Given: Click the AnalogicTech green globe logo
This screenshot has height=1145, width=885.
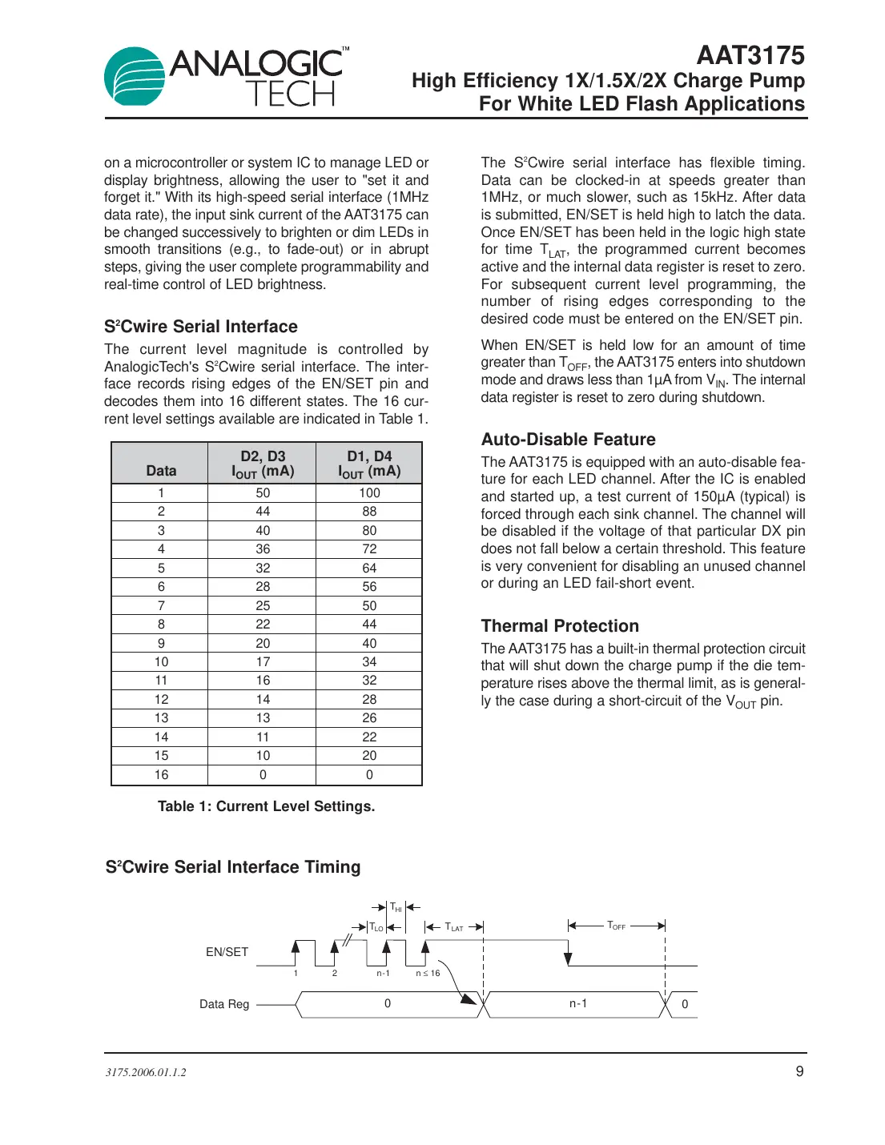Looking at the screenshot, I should [x=135, y=77].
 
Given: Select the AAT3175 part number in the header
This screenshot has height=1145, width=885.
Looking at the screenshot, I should [x=750, y=55].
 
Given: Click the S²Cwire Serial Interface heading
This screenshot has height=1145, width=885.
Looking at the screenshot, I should [x=200, y=327].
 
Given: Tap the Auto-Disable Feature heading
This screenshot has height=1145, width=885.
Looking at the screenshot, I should [x=568, y=440].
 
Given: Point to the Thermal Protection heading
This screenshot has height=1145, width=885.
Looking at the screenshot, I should [x=560, y=626].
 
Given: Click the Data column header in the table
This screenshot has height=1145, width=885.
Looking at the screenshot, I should [x=161, y=471].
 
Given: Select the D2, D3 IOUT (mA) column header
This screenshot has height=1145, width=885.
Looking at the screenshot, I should [x=263, y=464].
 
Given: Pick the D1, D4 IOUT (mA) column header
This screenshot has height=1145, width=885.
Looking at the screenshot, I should [x=369, y=464].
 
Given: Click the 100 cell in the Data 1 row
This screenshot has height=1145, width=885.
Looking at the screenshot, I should [x=369, y=493].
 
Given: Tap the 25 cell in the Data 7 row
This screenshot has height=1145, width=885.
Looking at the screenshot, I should [x=263, y=606].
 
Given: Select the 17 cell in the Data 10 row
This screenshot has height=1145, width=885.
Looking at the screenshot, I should [x=263, y=662].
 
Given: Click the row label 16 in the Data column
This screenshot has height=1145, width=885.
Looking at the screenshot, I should [x=161, y=775].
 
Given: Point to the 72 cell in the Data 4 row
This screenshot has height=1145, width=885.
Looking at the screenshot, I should [x=369, y=549].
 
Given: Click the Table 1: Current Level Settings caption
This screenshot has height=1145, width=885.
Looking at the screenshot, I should [x=266, y=806].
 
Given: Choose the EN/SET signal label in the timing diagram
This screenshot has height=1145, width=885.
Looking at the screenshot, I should [x=227, y=952].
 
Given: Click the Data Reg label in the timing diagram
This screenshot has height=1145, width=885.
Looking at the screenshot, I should [x=224, y=1004].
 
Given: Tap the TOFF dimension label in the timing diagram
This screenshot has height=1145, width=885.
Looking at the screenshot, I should [x=616, y=926].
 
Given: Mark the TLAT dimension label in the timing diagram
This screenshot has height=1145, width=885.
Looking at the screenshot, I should [x=454, y=927].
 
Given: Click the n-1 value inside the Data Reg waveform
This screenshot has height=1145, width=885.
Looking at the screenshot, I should [x=578, y=1003].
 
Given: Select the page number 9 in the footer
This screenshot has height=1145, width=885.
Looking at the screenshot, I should [x=799, y=1071].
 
